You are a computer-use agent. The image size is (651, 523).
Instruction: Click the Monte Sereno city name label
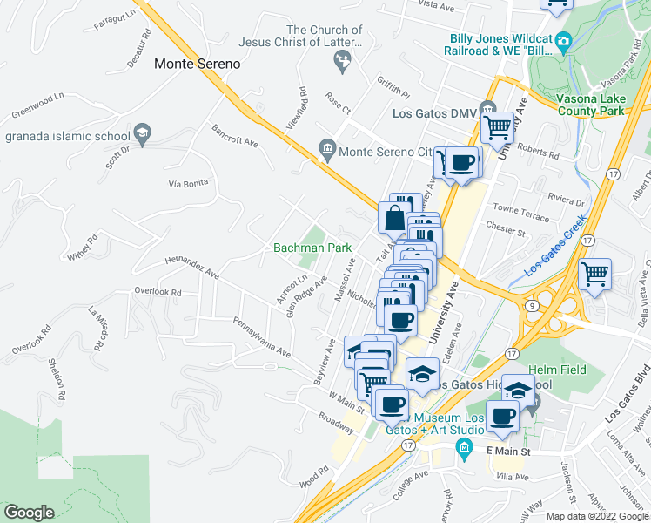(x=197, y=64)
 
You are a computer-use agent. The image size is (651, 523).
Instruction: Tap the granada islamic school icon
(x=141, y=134)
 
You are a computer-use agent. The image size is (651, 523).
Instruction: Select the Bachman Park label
(x=312, y=248)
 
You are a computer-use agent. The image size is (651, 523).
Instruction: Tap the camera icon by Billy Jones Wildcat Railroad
(x=564, y=39)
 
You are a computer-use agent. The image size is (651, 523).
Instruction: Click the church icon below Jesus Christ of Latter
(x=343, y=60)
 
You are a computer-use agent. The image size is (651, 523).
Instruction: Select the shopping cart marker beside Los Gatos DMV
(x=497, y=127)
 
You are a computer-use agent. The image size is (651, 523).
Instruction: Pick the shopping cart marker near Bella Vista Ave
(x=594, y=274)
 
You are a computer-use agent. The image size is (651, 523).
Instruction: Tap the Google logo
(x=29, y=513)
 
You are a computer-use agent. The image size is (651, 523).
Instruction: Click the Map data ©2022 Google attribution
(x=596, y=516)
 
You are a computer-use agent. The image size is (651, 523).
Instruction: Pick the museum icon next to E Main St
(x=464, y=449)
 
